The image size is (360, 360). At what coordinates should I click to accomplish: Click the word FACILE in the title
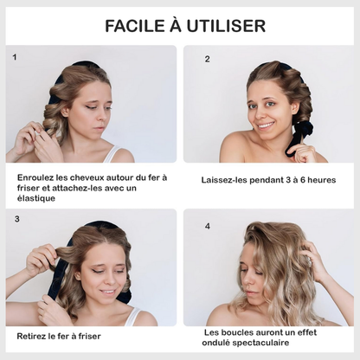click(134, 25)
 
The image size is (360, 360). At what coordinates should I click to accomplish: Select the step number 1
click(15, 56)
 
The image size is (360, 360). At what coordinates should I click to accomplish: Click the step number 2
click(208, 59)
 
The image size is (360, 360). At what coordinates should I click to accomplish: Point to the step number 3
click(16, 219)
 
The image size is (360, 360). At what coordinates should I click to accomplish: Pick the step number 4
click(208, 226)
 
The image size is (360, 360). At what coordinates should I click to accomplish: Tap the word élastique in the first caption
click(38, 198)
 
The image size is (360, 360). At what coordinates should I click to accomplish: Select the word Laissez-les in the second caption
click(228, 180)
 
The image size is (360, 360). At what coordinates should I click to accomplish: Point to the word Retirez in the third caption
click(34, 335)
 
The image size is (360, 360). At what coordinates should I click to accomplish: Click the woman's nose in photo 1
click(83, 114)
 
